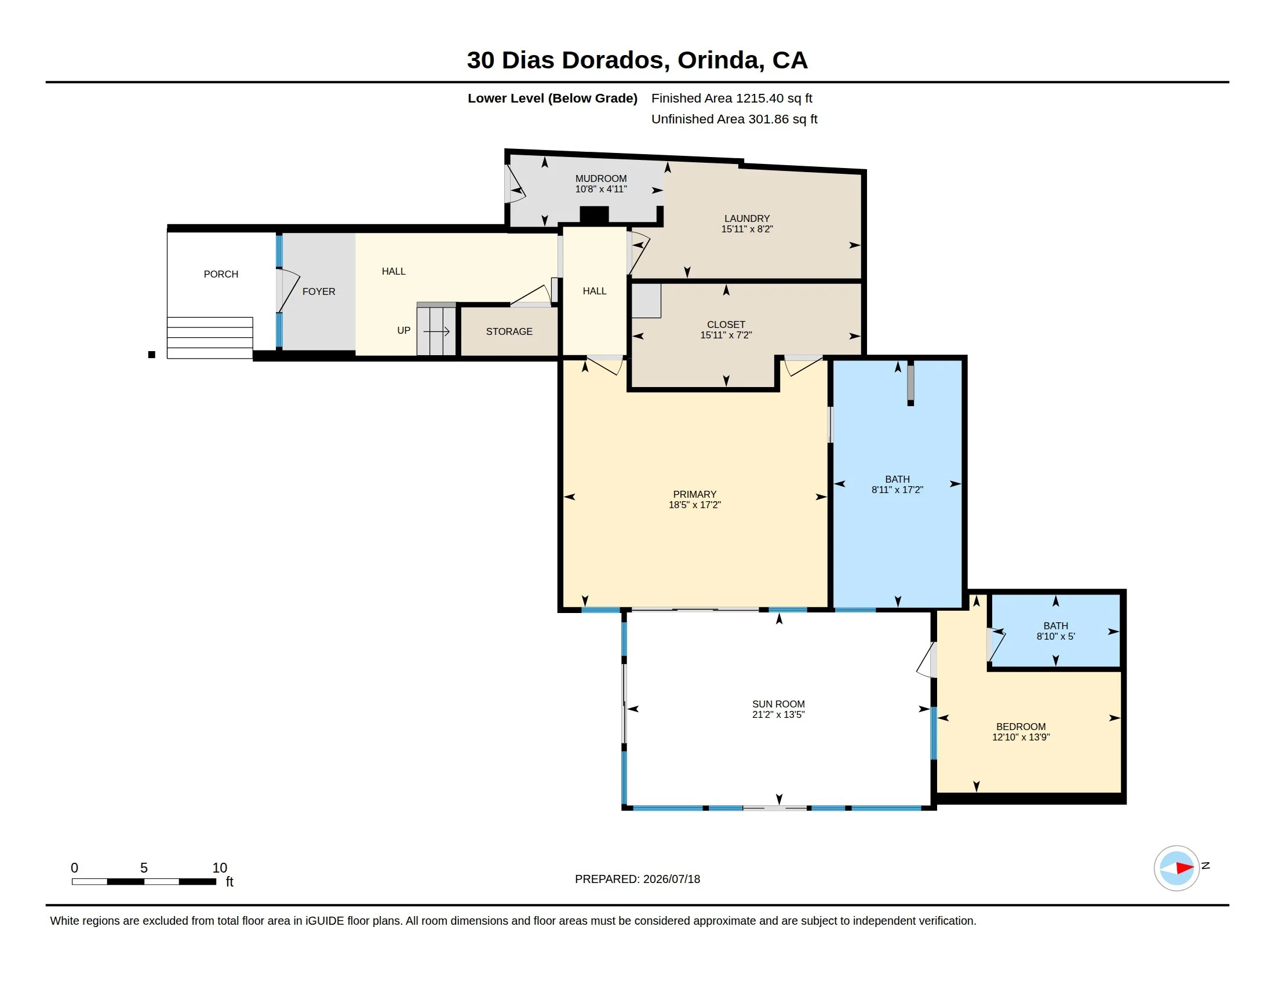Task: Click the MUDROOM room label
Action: pyautogui.click(x=601, y=178)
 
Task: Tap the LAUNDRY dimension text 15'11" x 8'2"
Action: pyautogui.click(x=746, y=229)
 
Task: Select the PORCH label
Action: pyautogui.click(x=221, y=274)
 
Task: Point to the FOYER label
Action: pyautogui.click(x=319, y=292)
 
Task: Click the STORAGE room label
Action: pyautogui.click(x=509, y=331)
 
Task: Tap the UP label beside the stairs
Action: pyautogui.click(x=403, y=330)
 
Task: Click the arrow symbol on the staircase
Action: pyautogui.click(x=436, y=332)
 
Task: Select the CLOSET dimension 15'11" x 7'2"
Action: pyautogui.click(x=726, y=335)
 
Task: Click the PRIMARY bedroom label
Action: pyautogui.click(x=695, y=494)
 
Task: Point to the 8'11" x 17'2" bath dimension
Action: pyautogui.click(x=897, y=490)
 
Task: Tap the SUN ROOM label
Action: pyautogui.click(x=778, y=705)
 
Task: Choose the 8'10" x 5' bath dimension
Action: pyautogui.click(x=1055, y=636)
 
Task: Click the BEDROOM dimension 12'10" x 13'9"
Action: pyautogui.click(x=1021, y=737)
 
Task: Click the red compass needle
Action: pyautogui.click(x=1185, y=868)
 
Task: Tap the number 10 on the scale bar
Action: pyautogui.click(x=220, y=868)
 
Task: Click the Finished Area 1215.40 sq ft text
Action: pyautogui.click(x=731, y=98)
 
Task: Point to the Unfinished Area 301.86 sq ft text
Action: pyautogui.click(x=734, y=119)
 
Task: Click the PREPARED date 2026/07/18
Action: pyautogui.click(x=671, y=879)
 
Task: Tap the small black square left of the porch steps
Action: pyautogui.click(x=152, y=355)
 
